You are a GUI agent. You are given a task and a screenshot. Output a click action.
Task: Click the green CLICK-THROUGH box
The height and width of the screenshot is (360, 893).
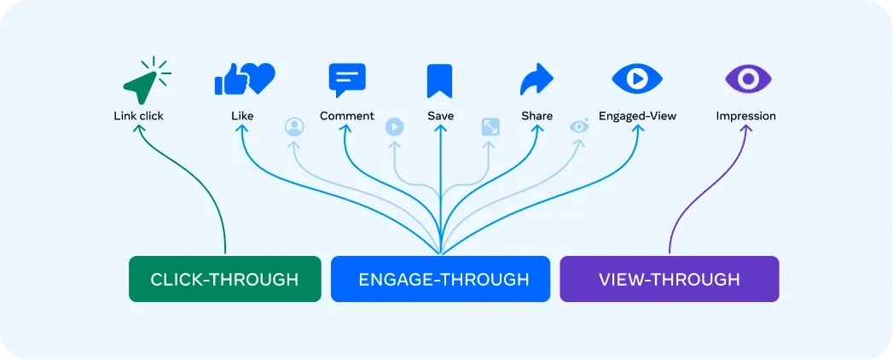coord(224,279)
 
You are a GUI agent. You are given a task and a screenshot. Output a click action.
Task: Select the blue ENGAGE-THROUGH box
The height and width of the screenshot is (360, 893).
coord(440,279)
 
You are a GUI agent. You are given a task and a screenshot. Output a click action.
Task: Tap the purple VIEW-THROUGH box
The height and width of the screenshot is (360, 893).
coord(669,279)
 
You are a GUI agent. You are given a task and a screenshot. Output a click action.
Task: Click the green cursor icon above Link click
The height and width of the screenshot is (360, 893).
coord(142,82)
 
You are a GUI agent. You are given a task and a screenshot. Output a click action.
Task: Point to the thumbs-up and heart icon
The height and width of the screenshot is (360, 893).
coord(244,80)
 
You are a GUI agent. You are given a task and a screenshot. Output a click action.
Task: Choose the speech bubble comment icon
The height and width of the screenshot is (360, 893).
coord(347,80)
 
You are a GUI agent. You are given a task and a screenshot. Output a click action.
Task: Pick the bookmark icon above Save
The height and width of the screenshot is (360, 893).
coord(439,81)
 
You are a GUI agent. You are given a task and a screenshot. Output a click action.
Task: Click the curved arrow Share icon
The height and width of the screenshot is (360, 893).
coord(536,80)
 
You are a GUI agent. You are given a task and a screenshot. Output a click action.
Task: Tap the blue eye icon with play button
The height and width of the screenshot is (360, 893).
coord(637,79)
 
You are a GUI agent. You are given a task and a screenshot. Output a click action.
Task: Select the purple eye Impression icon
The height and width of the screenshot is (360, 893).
coord(747,79)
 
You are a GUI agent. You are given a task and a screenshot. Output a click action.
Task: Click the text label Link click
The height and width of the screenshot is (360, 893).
coord(138,116)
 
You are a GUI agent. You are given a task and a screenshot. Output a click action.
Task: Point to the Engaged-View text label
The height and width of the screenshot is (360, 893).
coord(637,116)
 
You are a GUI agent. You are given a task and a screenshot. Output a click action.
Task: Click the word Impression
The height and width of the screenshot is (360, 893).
coord(746,116)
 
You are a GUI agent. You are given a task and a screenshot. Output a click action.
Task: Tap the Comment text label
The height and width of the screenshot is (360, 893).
coord(347,116)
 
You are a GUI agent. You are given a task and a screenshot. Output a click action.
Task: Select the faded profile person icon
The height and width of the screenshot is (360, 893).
coord(293,127)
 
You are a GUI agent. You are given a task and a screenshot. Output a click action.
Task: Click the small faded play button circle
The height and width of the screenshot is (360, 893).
coord(394,127)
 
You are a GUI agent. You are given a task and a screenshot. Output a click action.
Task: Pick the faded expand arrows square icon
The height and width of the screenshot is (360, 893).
coord(490,127)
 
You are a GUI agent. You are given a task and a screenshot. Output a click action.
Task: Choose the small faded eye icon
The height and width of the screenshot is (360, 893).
coord(580,126)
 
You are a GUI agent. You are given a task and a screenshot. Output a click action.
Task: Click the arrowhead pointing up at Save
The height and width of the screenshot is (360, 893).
coord(440,130)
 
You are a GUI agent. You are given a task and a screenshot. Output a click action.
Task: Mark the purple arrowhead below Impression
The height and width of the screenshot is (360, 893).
coord(748,131)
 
